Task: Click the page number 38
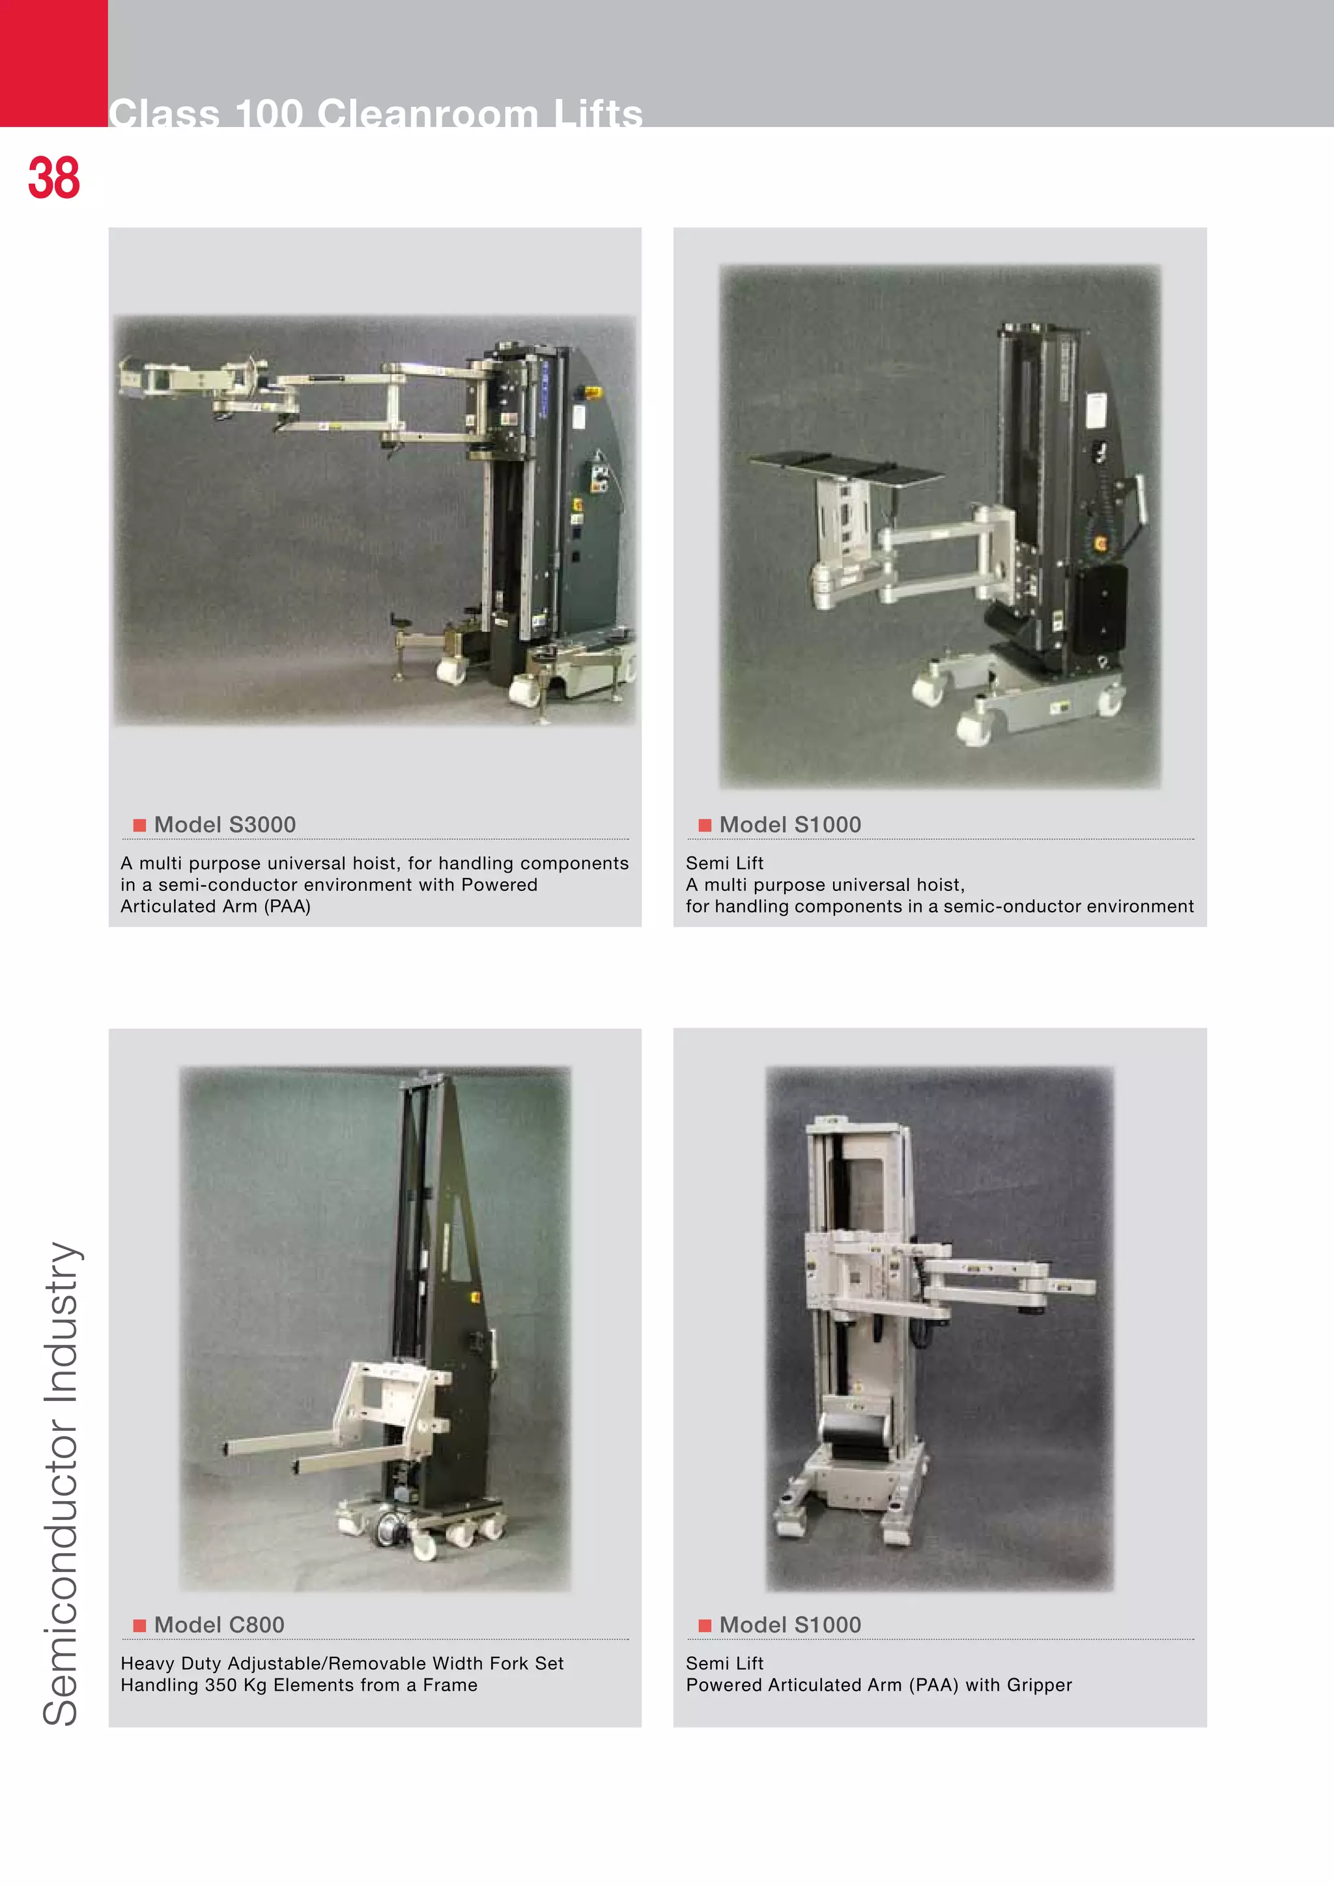(x=54, y=178)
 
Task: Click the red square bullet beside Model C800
(x=139, y=1625)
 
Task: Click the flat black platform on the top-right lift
(x=846, y=469)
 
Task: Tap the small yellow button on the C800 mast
(x=474, y=1297)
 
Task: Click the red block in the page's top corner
(x=53, y=63)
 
